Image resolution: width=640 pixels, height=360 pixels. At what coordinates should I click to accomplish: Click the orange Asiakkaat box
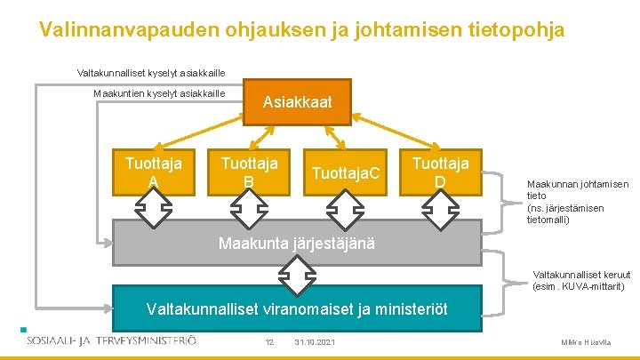point(297,102)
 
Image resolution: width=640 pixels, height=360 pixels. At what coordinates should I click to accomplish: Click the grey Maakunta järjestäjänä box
point(297,243)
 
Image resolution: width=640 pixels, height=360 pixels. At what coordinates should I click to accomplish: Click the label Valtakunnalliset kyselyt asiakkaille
point(151,72)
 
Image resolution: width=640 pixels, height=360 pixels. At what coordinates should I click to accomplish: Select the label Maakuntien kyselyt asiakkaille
point(159,94)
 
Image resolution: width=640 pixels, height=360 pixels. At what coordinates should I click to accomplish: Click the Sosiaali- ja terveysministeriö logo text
point(111,340)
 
